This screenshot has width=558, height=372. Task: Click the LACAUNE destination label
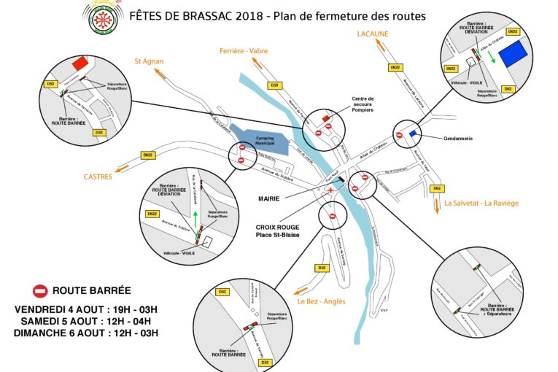point(372,34)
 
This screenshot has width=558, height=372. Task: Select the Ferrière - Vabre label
point(244,50)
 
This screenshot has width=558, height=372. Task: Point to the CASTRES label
point(98,176)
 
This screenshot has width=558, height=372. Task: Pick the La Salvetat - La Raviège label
point(481,204)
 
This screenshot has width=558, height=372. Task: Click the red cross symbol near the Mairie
point(331,190)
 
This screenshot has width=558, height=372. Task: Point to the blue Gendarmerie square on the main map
point(414,133)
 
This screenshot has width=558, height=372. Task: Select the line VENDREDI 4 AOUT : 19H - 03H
point(86,310)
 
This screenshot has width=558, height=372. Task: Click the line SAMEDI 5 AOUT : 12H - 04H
point(86,322)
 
